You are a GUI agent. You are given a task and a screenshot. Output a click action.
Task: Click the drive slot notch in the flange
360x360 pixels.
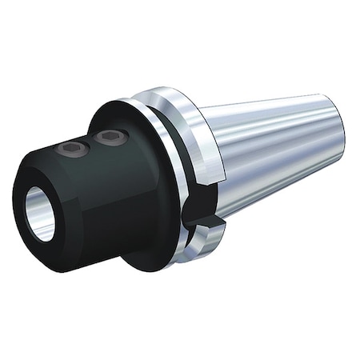tap(200, 218)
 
